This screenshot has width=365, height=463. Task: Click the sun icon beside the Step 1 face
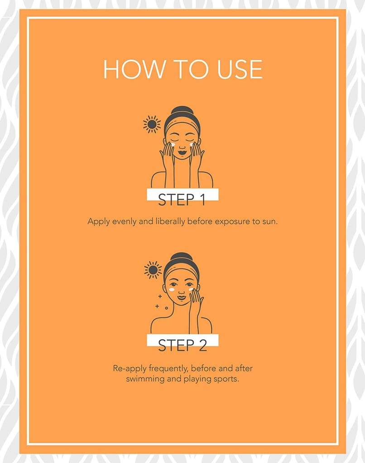click(152, 124)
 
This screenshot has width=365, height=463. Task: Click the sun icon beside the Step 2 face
click(153, 270)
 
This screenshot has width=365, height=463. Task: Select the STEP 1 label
click(182, 199)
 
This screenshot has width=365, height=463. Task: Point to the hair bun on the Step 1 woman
click(181, 111)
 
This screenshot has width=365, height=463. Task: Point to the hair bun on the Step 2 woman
click(181, 257)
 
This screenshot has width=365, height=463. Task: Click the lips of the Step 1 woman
click(182, 153)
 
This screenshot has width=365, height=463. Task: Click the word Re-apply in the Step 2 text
click(130, 369)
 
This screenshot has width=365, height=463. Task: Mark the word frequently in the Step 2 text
click(168, 369)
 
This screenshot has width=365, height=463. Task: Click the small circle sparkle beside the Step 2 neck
click(167, 308)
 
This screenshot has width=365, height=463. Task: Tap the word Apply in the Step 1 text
click(99, 222)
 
